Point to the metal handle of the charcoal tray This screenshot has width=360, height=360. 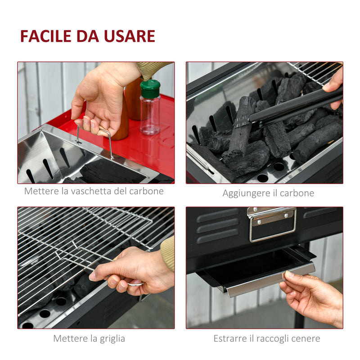(108, 140)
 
